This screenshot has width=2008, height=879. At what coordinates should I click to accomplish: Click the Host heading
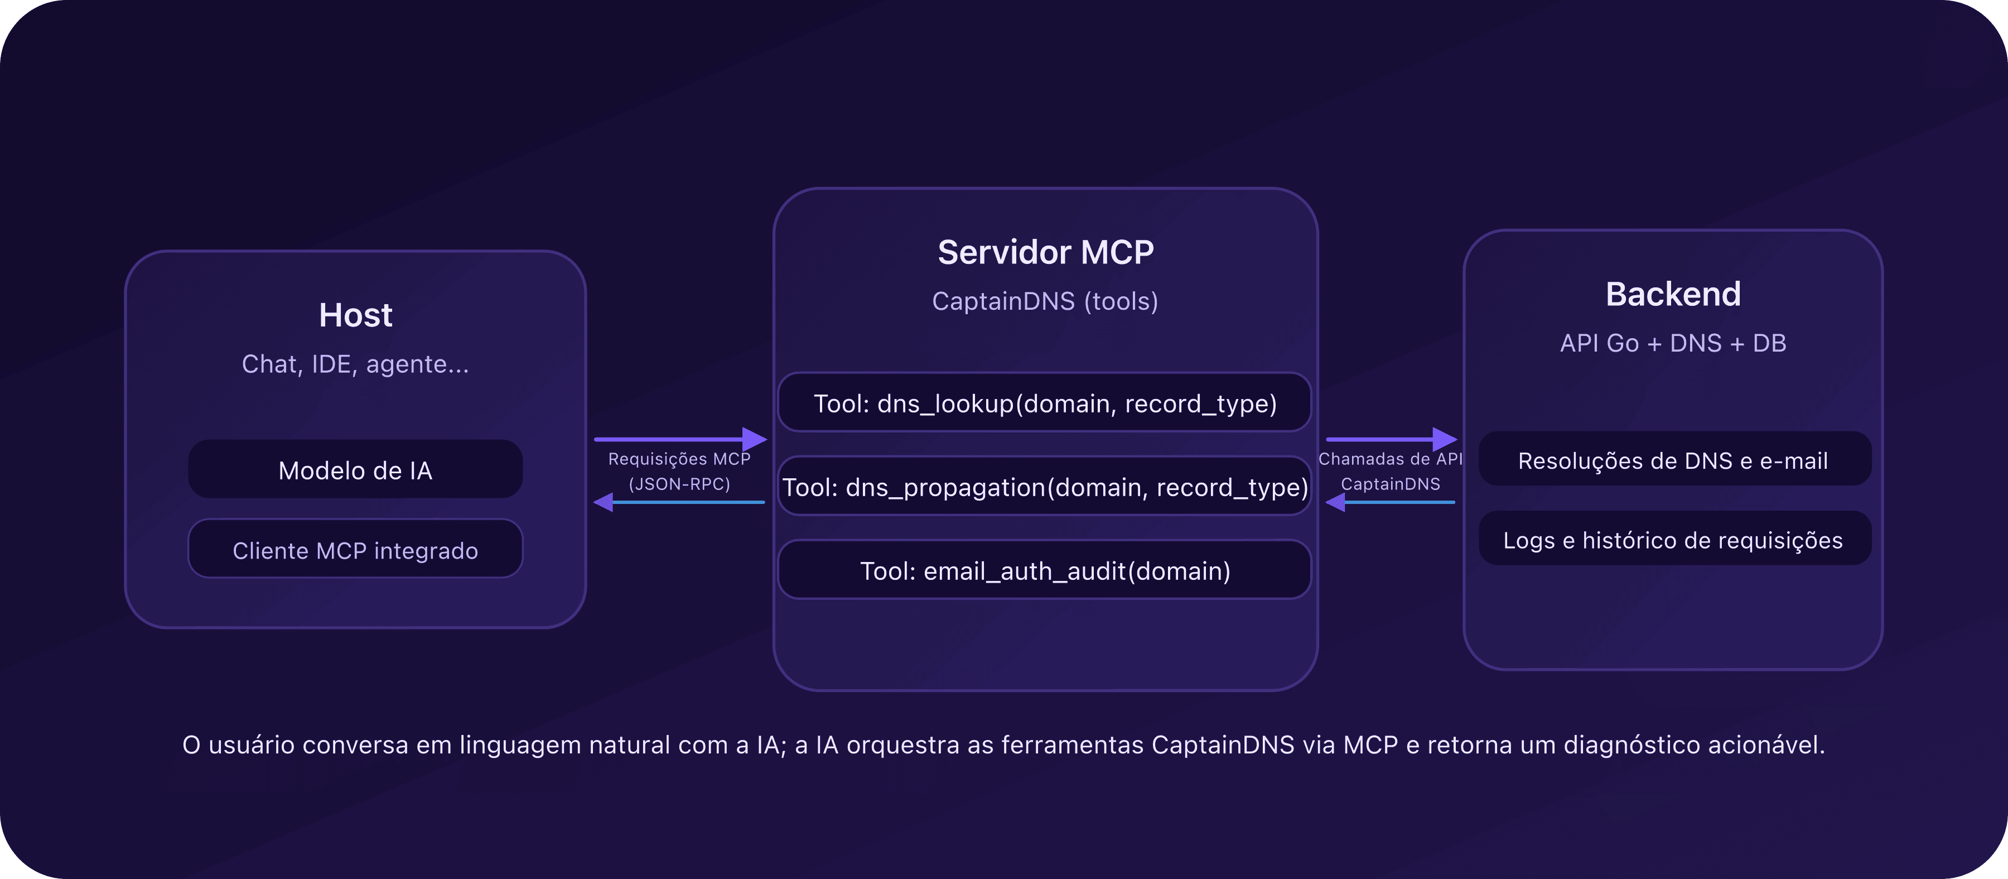point(355,315)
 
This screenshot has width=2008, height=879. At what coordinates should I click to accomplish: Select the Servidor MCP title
point(1045,252)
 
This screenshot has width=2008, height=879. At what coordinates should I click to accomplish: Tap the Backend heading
point(1673,294)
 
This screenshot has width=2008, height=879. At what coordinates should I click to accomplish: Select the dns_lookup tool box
point(1045,404)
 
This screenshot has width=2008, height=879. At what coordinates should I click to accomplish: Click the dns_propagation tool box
point(1045,487)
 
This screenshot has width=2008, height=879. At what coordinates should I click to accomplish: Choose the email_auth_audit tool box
point(1045,570)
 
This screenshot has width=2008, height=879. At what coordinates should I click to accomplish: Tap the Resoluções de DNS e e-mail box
point(1673,460)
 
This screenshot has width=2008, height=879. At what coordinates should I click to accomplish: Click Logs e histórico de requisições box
point(1673,540)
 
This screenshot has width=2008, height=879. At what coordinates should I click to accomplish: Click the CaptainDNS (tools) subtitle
point(1045,301)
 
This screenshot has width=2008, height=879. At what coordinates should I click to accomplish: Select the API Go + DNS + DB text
point(1673,343)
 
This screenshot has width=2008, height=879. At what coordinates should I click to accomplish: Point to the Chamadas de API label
point(1390,459)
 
